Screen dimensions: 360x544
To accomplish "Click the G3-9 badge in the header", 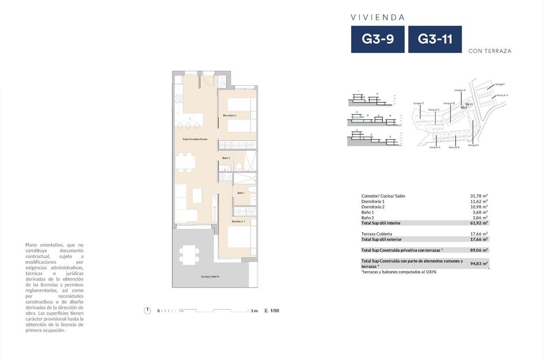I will pos(378,40).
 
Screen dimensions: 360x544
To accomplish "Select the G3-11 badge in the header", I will pos(435,40).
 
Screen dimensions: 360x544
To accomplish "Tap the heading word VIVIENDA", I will pos(378,17).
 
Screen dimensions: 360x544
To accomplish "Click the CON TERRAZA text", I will pos(490,51).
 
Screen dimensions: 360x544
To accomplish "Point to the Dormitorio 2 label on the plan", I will pos(230,116).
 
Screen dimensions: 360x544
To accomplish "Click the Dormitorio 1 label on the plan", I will pos(239,221).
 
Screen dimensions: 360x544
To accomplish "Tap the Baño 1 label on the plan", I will pos(241,193).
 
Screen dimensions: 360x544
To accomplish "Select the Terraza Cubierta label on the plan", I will pos(210,276).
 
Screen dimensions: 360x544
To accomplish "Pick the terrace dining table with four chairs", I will pos(189,254).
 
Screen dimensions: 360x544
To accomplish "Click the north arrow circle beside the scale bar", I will pos(147,310).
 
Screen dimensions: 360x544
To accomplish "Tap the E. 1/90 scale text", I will pos(272,310).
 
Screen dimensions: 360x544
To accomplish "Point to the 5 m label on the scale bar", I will pos(254,310).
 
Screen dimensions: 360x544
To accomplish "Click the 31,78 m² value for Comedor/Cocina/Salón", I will pos(479,196).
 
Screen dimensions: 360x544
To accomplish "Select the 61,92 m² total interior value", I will pos(479,223).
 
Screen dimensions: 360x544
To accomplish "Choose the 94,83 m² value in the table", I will pos(479,263).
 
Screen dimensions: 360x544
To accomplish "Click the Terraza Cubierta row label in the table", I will pos(376,234).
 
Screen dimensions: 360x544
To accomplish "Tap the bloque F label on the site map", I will pos(419,103).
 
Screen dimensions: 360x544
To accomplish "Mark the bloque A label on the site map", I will pos(435,147).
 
